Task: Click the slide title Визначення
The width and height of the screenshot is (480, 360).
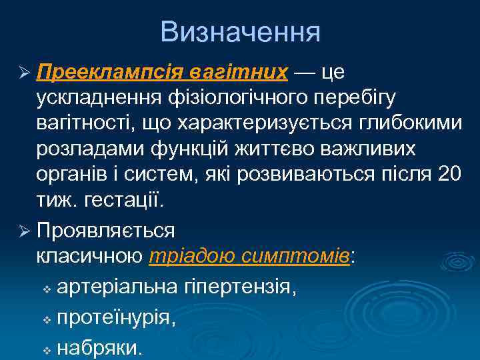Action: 240,31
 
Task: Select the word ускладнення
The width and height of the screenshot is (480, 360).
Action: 107,97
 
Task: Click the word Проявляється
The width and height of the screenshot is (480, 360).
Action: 106,231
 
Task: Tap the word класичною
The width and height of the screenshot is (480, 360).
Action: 89,257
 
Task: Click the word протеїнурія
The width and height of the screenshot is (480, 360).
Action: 117,319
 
